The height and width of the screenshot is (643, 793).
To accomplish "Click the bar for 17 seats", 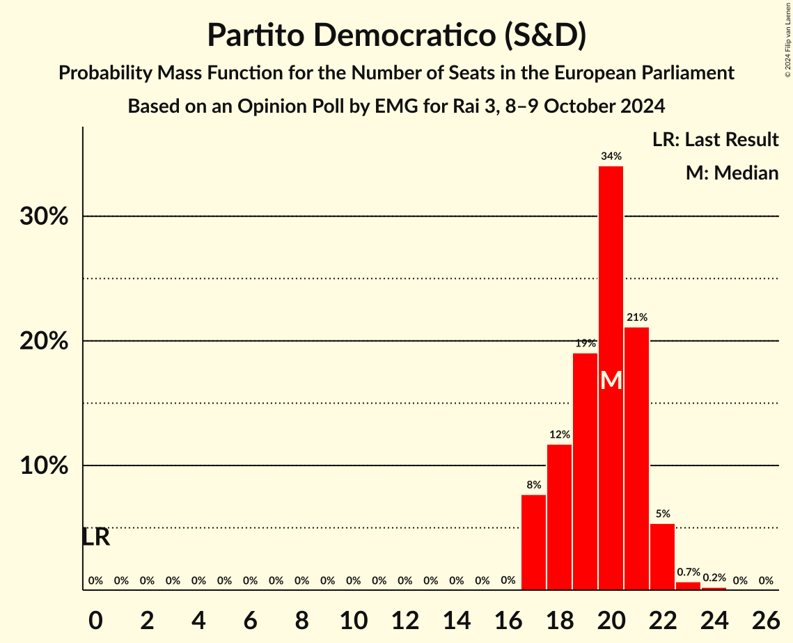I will [533, 542].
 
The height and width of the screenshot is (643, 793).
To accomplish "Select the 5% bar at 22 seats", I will [662, 557].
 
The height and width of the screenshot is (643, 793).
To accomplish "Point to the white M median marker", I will [611, 381].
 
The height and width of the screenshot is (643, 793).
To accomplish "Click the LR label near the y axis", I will [95, 537].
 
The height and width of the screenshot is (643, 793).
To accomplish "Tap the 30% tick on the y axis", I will [44, 216].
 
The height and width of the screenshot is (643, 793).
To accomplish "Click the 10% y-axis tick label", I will [44, 466].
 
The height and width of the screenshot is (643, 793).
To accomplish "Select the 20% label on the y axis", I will [44, 341].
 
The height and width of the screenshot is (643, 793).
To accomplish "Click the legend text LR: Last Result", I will [715, 140].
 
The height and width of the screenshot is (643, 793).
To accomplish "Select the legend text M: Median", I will [732, 173].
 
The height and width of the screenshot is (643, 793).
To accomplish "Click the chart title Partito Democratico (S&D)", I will [396, 35].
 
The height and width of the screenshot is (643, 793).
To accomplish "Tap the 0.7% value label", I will [688, 572].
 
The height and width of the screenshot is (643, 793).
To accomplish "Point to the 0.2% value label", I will [714, 578].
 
